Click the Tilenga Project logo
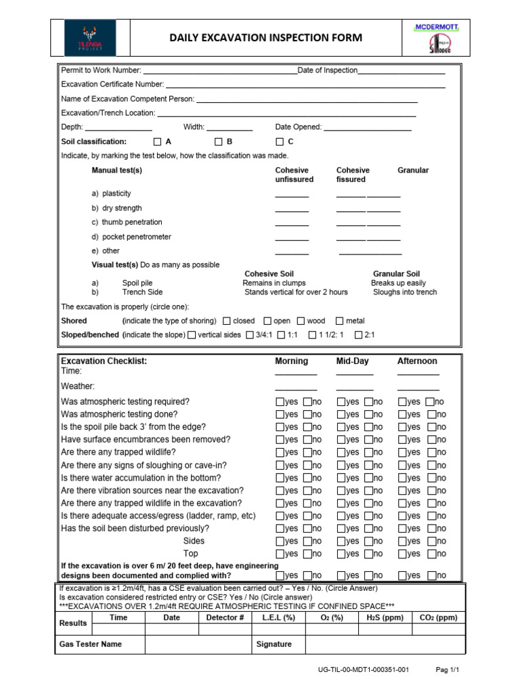(89, 37)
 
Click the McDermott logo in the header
(437, 37)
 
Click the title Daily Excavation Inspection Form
(265, 37)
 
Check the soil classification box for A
(157, 142)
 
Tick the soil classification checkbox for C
(280, 142)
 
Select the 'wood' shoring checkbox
(300, 321)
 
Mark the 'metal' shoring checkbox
(341, 321)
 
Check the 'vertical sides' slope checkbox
(192, 334)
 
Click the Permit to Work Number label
(101, 70)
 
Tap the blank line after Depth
(118, 128)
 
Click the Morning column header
(291, 361)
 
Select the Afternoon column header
(417, 361)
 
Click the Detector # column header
(225, 617)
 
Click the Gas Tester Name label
(91, 644)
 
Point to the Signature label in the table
(274, 644)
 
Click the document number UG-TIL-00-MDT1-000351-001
(363, 670)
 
